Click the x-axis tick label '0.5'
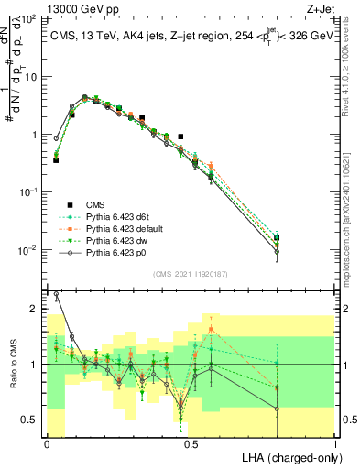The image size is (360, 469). point(191,443)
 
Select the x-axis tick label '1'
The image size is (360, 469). point(335,443)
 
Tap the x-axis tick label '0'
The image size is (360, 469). point(47,443)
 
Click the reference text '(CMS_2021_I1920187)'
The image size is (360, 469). point(191,272)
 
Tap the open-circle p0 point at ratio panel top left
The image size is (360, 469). point(57,295)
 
